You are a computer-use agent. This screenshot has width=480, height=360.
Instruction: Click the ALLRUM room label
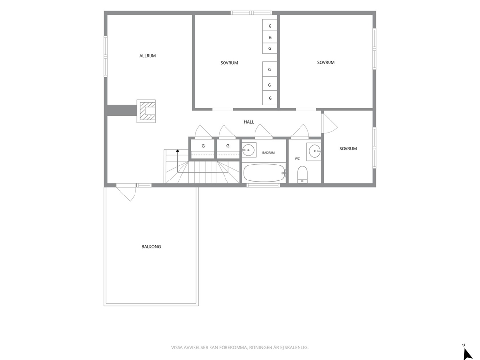click(148, 56)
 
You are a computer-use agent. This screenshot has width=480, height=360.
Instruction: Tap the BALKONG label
click(151, 247)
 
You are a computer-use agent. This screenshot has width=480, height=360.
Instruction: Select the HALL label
click(249, 122)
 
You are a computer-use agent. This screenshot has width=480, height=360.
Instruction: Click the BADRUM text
click(269, 153)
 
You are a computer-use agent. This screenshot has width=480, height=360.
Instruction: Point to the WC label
click(297, 159)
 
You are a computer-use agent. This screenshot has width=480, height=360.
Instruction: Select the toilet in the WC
click(302, 175)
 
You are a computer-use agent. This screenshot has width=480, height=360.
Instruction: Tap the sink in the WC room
click(315, 151)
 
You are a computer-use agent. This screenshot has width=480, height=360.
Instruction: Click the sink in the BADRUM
click(249, 150)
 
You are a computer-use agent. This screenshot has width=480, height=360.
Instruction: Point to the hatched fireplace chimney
click(146, 111)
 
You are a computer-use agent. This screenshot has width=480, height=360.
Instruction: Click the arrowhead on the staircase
click(177, 150)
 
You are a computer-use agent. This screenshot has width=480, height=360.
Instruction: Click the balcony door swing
click(126, 193)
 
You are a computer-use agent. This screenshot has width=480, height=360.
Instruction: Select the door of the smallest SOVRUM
click(329, 123)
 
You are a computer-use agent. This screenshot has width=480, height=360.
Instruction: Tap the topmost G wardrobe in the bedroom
click(270, 26)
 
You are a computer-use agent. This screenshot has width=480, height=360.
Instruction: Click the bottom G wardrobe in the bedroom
click(270, 98)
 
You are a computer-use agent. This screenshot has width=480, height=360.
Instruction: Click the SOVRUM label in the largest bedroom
click(326, 63)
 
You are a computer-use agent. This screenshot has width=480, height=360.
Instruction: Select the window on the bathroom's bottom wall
click(263, 185)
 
